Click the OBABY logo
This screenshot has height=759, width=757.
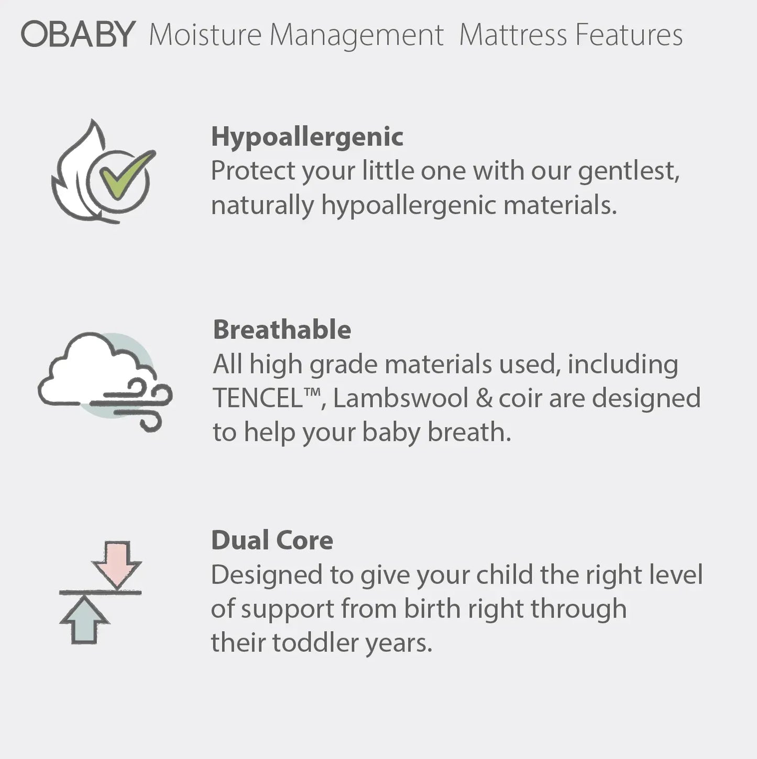[x=79, y=35]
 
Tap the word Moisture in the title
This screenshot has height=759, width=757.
[x=205, y=35]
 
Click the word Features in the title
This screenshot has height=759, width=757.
[x=628, y=35]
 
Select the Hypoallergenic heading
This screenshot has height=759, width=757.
[x=307, y=137]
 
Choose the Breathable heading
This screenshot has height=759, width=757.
[x=282, y=330]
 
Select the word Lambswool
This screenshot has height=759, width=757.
[x=400, y=398]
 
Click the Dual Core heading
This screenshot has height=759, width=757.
[x=272, y=541]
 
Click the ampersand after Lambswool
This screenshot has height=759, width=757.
[x=484, y=398]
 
